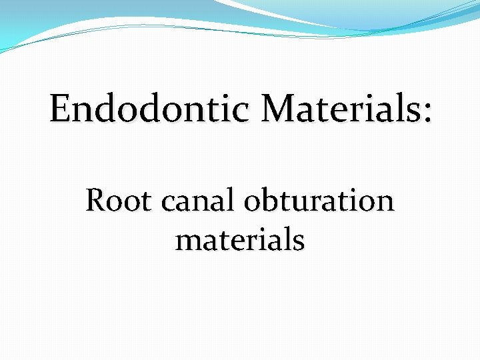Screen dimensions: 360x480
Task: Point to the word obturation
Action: [319, 200]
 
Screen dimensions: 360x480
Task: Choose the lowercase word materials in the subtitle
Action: [240, 239]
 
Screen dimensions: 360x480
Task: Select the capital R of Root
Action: [95, 200]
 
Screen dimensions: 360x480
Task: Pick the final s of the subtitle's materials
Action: [299, 241]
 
